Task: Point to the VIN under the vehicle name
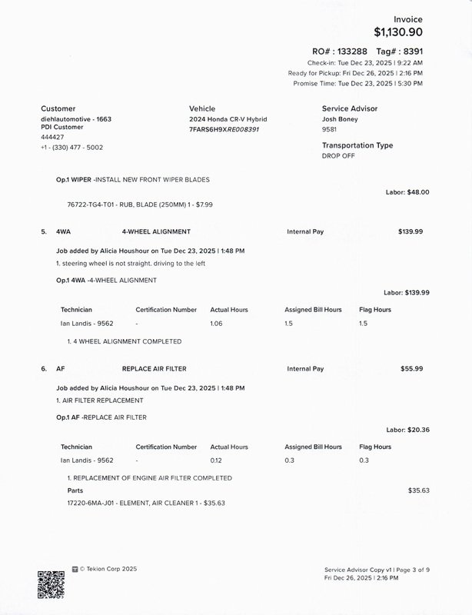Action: (x=224, y=129)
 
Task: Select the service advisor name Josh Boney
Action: (x=340, y=120)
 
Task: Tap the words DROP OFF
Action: (x=340, y=155)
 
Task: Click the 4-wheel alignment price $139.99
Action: (x=411, y=231)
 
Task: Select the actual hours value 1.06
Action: (x=217, y=324)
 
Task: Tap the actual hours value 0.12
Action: (x=216, y=460)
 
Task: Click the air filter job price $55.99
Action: (x=411, y=369)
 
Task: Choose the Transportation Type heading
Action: (x=357, y=145)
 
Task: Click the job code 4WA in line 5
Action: (x=64, y=231)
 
